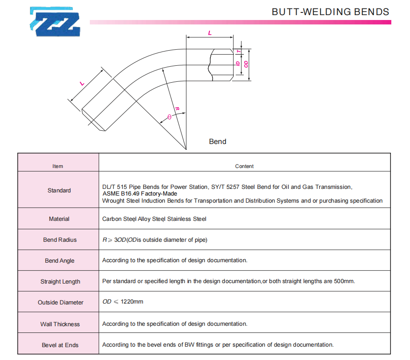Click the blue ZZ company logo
point(55,21)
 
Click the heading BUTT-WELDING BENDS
point(330,12)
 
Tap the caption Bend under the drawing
point(217,142)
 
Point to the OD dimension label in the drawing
point(246,64)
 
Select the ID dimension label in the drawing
point(238,64)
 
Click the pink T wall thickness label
point(238,52)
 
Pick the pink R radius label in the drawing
point(177,109)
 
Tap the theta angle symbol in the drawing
point(169,117)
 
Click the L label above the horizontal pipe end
point(210,33)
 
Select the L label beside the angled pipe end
point(82,84)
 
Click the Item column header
point(57,166)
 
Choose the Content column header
point(244,166)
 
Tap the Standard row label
point(59,191)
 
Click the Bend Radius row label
point(60,240)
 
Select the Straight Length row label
point(60,282)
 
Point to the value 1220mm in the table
point(132,302)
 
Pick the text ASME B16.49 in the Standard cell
point(121,194)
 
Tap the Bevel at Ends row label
point(60,345)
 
